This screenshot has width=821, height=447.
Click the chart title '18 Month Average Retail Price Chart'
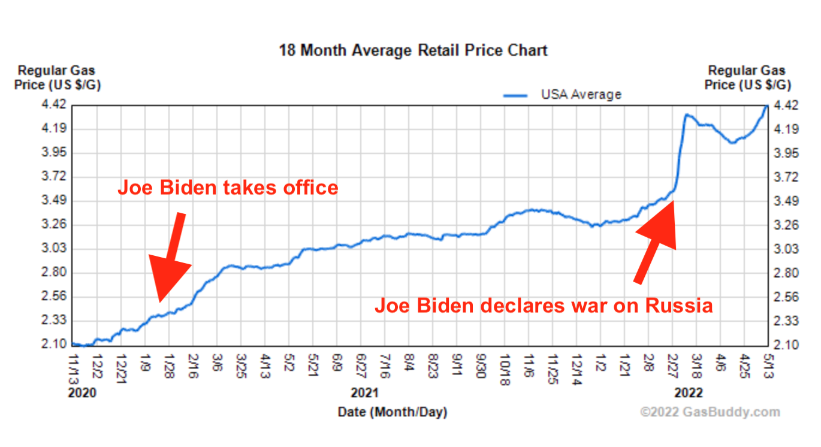click(x=413, y=50)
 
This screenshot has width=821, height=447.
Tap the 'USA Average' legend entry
click(x=580, y=94)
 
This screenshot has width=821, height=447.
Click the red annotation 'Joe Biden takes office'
click(x=228, y=188)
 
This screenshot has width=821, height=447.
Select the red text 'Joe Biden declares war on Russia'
click(x=544, y=306)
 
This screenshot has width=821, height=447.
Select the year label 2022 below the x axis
click(x=688, y=393)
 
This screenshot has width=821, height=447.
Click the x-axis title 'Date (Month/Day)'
click(x=393, y=412)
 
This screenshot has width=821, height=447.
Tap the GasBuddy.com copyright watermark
click(x=710, y=412)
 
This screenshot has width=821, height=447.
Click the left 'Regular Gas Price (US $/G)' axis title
click(x=58, y=78)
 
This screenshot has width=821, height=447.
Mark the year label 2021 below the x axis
click(x=364, y=393)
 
